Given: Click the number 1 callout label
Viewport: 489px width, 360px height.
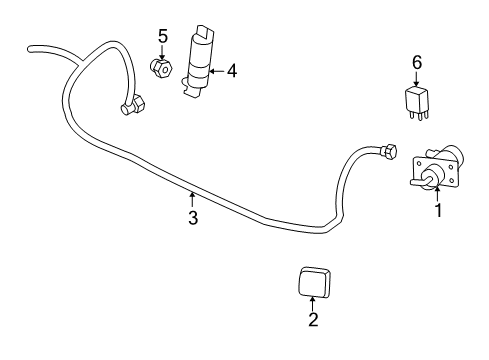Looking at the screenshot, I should (x=436, y=211).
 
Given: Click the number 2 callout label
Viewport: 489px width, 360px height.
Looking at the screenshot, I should (x=312, y=320).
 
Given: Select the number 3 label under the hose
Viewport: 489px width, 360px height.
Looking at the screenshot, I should (x=192, y=217).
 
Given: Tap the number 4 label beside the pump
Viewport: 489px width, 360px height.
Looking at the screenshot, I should (x=231, y=71).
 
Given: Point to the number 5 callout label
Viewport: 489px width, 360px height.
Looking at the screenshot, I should (x=162, y=36).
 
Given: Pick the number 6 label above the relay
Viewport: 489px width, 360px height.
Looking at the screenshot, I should (x=417, y=62).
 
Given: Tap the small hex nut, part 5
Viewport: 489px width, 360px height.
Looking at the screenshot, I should (x=161, y=69).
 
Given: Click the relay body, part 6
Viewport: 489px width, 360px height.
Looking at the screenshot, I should (x=417, y=100).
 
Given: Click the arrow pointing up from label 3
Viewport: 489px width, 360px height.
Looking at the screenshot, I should (x=192, y=200).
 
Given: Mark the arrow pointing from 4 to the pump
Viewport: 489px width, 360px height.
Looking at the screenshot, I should (x=217, y=71).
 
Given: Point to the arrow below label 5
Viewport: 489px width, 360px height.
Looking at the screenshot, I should (x=162, y=52).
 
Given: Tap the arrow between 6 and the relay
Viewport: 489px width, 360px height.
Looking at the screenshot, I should (x=417, y=79).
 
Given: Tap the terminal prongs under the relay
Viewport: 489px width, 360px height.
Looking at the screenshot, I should (x=417, y=117).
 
